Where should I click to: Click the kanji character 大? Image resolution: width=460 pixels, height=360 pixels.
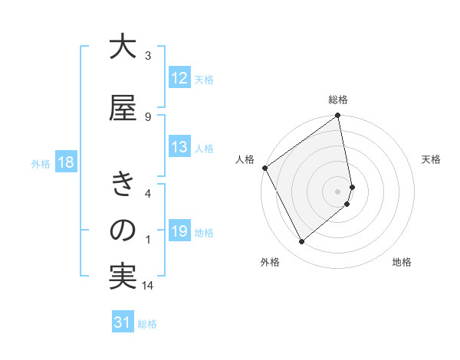tap(123, 47)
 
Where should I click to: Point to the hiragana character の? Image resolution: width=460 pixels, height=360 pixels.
tap(123, 231)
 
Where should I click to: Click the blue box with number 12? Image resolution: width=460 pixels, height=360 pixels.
tap(179, 78)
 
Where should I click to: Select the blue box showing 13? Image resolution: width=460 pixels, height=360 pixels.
tap(179, 148)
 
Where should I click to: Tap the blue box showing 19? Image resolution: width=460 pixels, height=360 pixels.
tap(179, 231)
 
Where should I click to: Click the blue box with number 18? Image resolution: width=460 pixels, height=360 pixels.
tap(65, 163)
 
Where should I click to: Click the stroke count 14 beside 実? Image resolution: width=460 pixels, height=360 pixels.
tap(148, 286)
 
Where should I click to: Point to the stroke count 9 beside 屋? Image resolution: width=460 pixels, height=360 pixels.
tap(148, 116)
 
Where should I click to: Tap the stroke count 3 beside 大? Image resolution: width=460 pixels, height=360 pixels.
tap(148, 56)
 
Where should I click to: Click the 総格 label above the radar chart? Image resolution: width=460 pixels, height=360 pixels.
tap(338, 100)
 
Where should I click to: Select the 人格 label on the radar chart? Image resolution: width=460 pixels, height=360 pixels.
tap(245, 159)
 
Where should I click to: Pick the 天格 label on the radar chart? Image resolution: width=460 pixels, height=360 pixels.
tap(431, 159)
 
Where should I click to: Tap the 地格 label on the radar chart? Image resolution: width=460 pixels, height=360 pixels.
tap(402, 263)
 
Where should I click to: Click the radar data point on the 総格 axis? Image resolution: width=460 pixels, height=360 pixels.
tap(338, 116)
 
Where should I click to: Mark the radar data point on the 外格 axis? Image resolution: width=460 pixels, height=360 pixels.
tap(302, 242)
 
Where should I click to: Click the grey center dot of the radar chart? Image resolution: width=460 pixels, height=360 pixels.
tap(338, 191)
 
